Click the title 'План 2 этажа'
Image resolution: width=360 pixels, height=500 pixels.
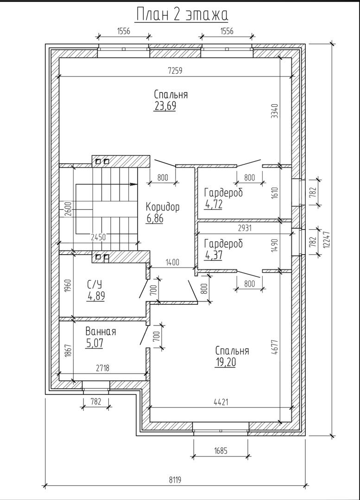(x=182, y=15)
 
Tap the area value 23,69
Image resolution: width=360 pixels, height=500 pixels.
(x=165, y=106)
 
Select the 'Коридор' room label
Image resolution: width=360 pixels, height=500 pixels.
(x=163, y=207)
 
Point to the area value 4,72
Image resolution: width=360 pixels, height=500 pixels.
(x=214, y=205)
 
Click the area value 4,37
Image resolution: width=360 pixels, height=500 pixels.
(x=214, y=255)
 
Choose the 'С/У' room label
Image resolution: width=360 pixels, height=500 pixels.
(x=95, y=284)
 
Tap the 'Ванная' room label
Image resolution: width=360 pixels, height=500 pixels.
(x=101, y=331)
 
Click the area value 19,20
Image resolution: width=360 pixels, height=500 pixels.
(x=225, y=362)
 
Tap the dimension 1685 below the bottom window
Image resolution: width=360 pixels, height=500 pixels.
(x=221, y=450)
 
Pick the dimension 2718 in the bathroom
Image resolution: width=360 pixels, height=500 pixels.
(x=102, y=369)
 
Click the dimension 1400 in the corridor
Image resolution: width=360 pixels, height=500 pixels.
(x=172, y=262)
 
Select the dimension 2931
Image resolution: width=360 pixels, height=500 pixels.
(x=245, y=228)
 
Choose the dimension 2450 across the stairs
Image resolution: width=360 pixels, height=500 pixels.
(x=98, y=237)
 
